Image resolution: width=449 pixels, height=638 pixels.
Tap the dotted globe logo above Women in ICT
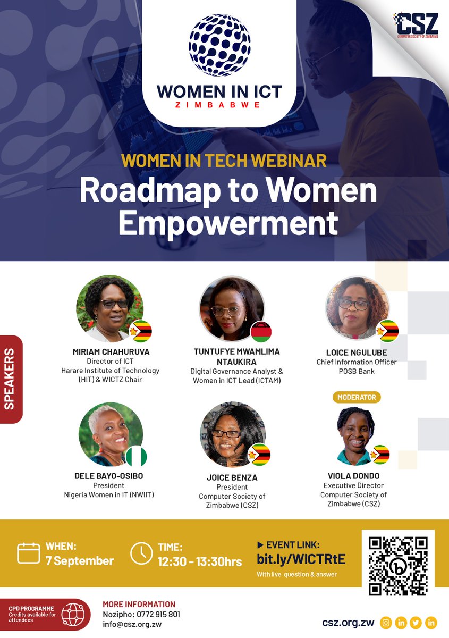pyautogui.click(x=219, y=45)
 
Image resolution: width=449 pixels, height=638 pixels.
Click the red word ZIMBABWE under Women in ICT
pyautogui.click(x=219, y=105)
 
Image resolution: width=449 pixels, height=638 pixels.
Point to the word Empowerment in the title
pyautogui.click(x=228, y=223)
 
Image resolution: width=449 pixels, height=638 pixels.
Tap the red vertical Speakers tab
pyautogui.click(x=11, y=379)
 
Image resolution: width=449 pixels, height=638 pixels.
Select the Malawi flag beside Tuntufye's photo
pyautogui.click(x=261, y=331)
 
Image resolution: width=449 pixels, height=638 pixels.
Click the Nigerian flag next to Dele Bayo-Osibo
pyautogui.click(x=136, y=456)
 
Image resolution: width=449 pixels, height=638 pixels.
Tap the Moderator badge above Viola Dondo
pyautogui.click(x=356, y=397)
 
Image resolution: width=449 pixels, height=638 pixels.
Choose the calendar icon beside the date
pyautogui.click(x=29, y=553)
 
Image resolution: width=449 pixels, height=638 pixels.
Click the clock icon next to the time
pyautogui.click(x=141, y=553)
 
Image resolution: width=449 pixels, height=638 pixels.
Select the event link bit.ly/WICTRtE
pyautogui.click(x=301, y=559)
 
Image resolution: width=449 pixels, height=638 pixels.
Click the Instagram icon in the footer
pyautogui.click(x=386, y=623)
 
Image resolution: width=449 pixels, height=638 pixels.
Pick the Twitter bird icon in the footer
pyautogui.click(x=416, y=623)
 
